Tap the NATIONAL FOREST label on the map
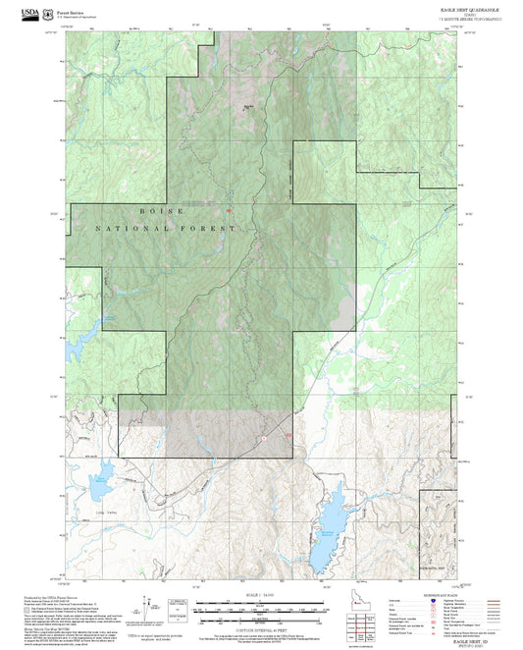pos(166,228)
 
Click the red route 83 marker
pos(288,432)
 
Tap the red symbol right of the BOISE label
pos(227,209)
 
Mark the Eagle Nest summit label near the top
pos(247,106)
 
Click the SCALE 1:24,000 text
pos(261,595)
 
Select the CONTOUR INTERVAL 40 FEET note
pos(261,629)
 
